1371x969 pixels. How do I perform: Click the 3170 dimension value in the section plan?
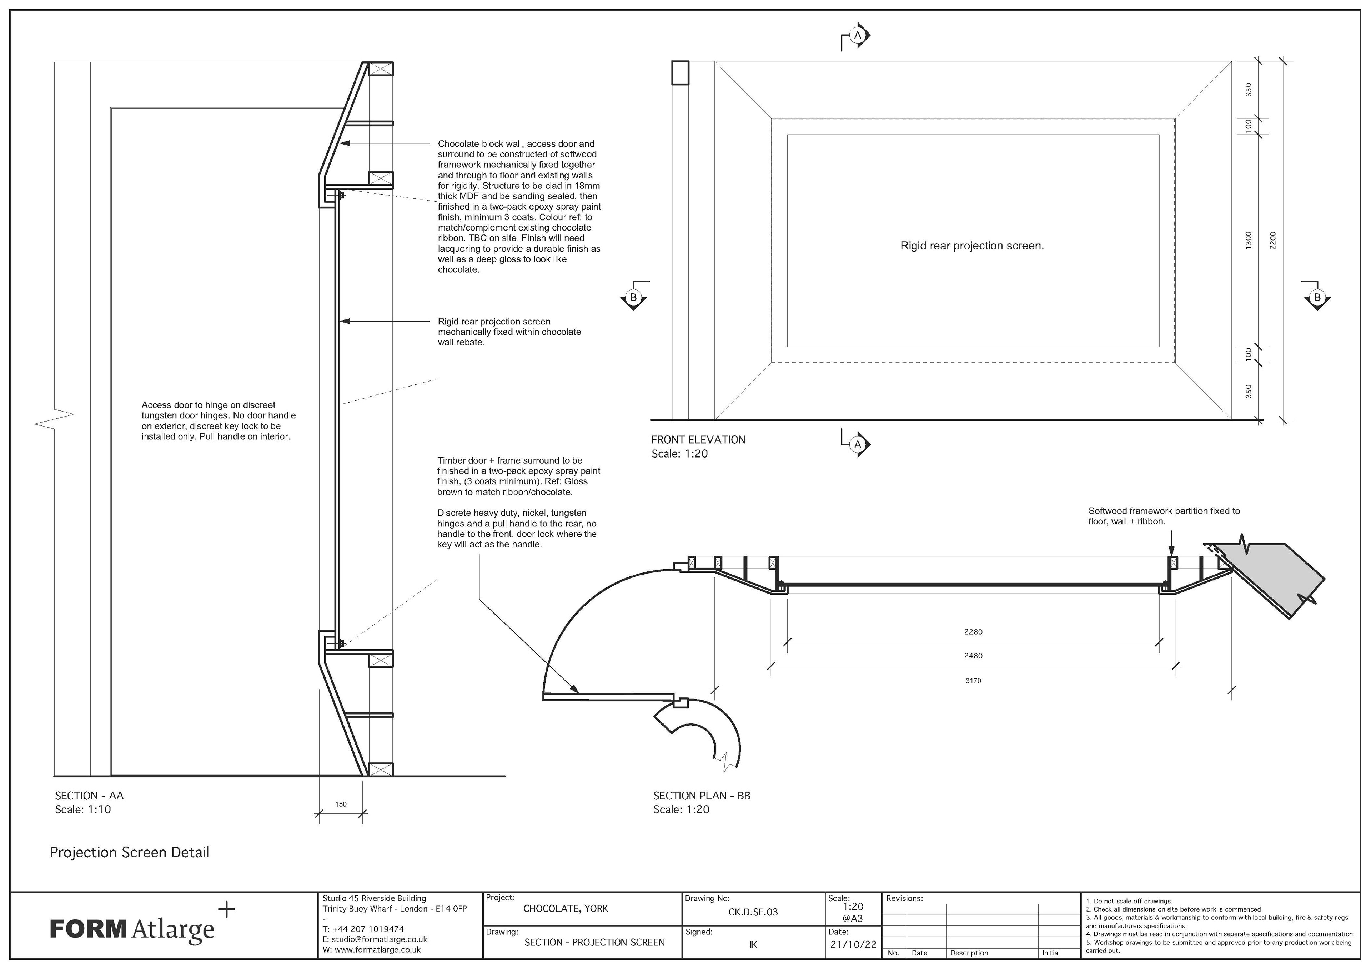pyautogui.click(x=973, y=681)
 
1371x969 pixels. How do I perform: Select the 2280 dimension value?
pyautogui.click(x=973, y=632)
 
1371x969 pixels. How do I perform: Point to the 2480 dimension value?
pyautogui.click(x=973, y=656)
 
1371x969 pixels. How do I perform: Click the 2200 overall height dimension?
pyautogui.click(x=1272, y=241)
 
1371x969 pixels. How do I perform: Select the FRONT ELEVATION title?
pyautogui.click(x=698, y=440)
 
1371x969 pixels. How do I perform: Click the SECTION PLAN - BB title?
pyautogui.click(x=702, y=796)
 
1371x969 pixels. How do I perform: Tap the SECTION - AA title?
pyautogui.click(x=89, y=796)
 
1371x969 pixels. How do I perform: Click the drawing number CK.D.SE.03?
pyautogui.click(x=753, y=912)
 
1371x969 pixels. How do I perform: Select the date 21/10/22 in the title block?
pyautogui.click(x=853, y=944)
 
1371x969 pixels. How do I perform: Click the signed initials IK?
pyautogui.click(x=753, y=944)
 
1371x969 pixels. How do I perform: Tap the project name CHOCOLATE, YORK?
pyautogui.click(x=566, y=909)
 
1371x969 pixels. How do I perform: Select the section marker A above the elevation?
pyautogui.click(x=858, y=35)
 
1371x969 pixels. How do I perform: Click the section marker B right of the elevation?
pyautogui.click(x=1317, y=297)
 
